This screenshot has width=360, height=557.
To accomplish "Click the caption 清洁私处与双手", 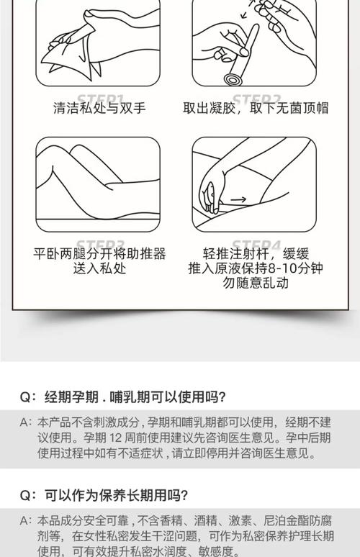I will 99,108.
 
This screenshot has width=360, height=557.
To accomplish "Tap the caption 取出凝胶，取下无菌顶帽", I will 256,108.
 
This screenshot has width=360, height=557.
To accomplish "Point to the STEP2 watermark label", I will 256,99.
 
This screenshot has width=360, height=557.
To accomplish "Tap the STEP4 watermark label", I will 256,244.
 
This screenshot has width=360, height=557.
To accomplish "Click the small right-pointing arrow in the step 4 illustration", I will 238,199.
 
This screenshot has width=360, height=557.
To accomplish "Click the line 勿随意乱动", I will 256,283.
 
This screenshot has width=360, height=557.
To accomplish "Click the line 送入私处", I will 99,268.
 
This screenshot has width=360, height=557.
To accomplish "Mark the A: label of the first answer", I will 26,422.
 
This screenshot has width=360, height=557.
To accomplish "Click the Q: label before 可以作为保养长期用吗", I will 28,495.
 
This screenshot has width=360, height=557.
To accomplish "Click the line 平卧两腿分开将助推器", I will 99,254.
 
